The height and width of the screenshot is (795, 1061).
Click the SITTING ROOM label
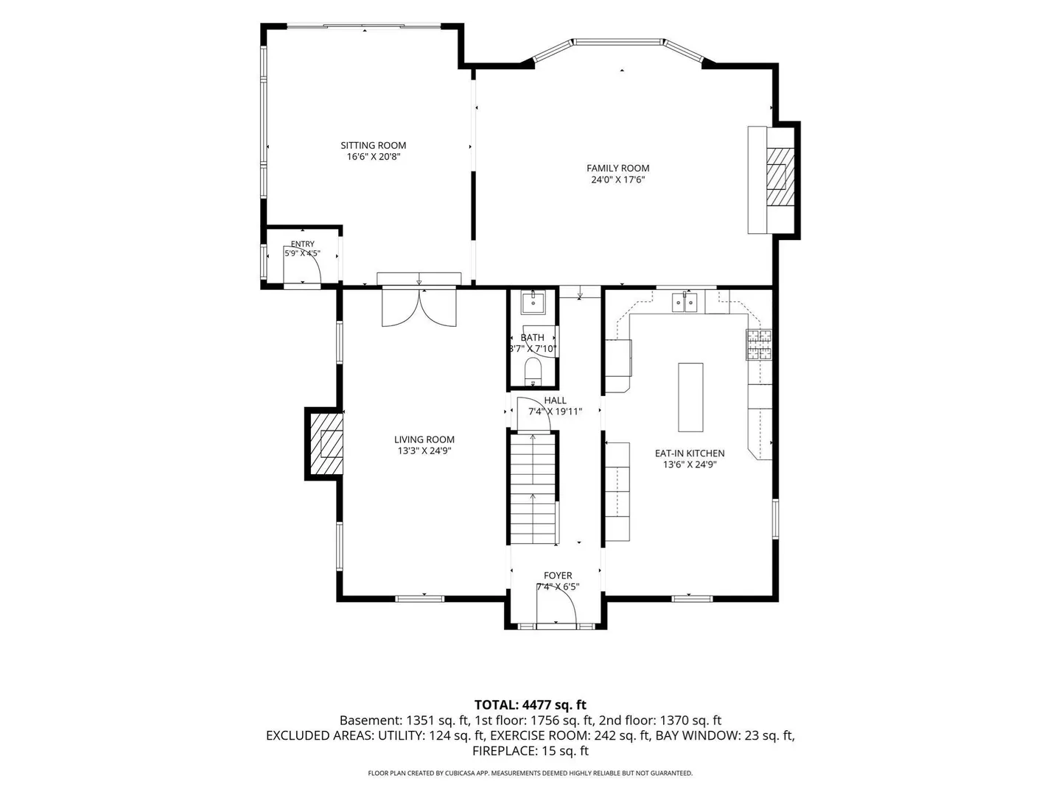[x=373, y=145]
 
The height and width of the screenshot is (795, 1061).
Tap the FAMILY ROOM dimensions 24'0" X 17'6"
[x=617, y=180]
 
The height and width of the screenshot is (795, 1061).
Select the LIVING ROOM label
[x=424, y=439]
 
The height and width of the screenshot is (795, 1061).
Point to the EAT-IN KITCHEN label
[x=690, y=453]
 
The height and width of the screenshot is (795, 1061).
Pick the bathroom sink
[x=533, y=302]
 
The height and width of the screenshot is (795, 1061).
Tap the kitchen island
[x=690, y=397]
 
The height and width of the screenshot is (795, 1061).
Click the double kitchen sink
[x=685, y=303]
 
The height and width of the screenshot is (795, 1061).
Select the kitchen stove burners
[x=759, y=344]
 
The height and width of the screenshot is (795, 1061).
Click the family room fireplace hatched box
[x=780, y=177]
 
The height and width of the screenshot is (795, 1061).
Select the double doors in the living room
[x=419, y=306]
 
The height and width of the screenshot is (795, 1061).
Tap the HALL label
[x=555, y=400]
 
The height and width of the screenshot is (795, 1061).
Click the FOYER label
[x=558, y=576]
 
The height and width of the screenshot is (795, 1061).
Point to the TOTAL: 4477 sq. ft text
[x=530, y=705]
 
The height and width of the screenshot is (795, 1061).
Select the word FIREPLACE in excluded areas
[x=503, y=751]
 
